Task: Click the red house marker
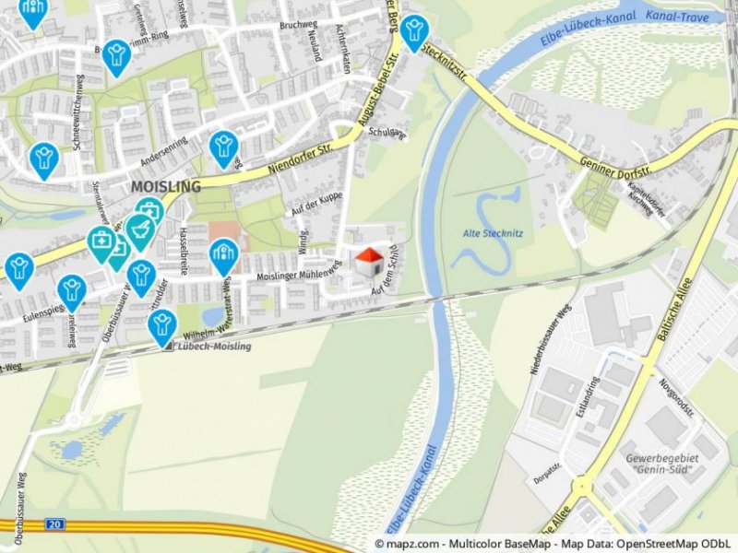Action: [369, 262]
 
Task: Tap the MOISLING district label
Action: [166, 187]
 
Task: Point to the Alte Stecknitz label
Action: [493, 233]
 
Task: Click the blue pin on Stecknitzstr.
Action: [414, 31]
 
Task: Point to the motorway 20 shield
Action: [56, 524]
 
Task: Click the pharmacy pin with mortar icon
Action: [139, 229]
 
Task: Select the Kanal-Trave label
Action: [676, 16]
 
